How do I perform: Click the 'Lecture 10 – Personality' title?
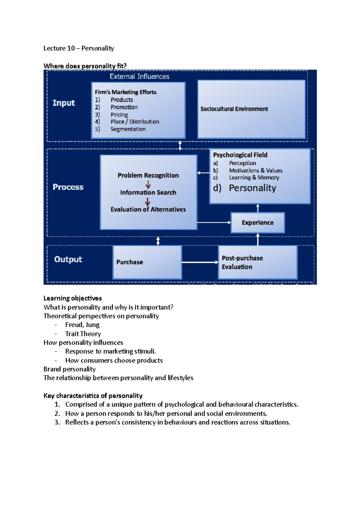click(x=79, y=48)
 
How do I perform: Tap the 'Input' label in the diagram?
click(x=64, y=103)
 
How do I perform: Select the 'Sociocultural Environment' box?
click(x=251, y=109)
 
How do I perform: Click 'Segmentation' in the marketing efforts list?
click(x=128, y=129)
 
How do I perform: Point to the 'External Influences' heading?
click(x=139, y=76)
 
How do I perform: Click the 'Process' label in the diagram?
click(x=68, y=187)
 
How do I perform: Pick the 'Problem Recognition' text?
click(x=148, y=175)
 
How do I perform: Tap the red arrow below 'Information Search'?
click(x=148, y=201)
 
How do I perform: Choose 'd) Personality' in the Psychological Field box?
click(x=245, y=188)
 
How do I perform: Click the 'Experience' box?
click(x=258, y=223)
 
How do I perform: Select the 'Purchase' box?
click(x=147, y=262)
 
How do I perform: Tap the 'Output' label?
click(x=68, y=259)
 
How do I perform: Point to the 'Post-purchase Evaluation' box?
click(x=258, y=262)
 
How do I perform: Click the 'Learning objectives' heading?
click(x=73, y=298)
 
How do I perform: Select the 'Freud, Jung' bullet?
click(x=82, y=325)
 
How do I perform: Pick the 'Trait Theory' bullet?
click(x=83, y=334)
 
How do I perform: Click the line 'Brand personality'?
click(x=70, y=369)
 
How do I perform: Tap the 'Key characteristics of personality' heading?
click(x=93, y=396)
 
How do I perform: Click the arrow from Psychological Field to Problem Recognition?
click(x=203, y=173)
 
